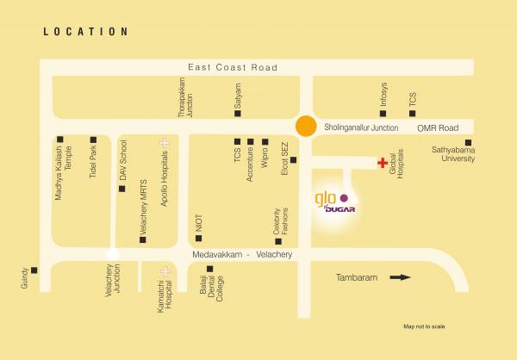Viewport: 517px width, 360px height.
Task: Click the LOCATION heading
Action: click(x=86, y=32)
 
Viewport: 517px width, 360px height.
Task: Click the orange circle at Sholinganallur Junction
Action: click(x=305, y=126)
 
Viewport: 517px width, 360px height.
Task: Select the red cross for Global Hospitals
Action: click(x=382, y=162)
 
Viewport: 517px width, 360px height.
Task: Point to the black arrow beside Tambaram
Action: click(x=400, y=277)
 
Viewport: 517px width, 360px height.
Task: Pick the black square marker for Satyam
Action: click(x=238, y=113)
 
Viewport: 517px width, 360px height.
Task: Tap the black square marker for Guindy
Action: click(x=34, y=270)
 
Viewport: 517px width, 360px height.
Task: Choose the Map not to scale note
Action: click(x=424, y=326)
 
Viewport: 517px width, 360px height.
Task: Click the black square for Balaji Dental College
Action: click(x=209, y=269)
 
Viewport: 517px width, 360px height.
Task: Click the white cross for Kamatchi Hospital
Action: click(x=164, y=271)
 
